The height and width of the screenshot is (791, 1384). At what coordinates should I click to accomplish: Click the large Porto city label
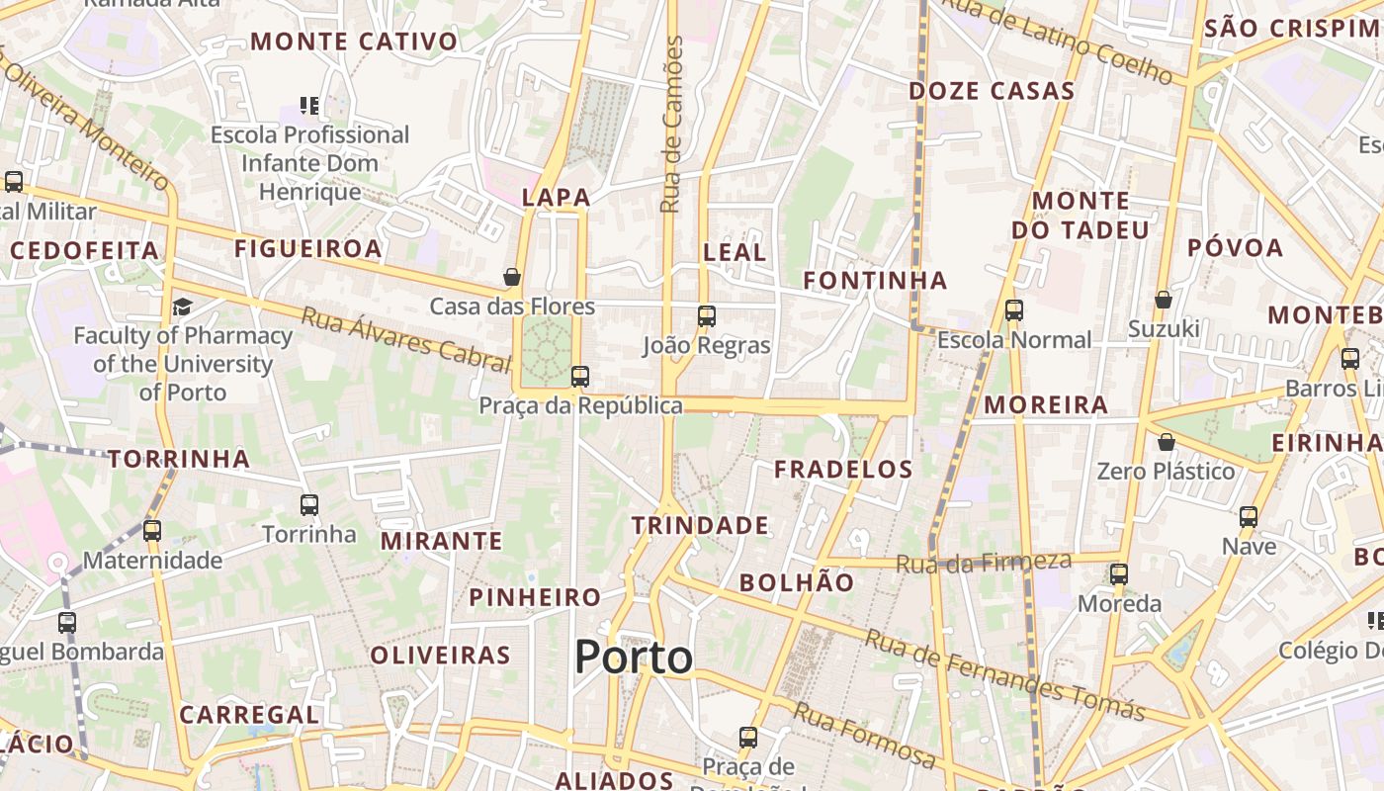coord(634,658)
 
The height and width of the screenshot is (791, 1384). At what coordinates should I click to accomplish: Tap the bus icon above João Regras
coord(706,316)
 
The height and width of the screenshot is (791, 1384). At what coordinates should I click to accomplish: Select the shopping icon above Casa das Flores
coord(512,277)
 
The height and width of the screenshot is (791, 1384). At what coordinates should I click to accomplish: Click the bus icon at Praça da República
coord(580,377)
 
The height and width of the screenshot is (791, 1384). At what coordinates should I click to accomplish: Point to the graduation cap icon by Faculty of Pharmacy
coord(182,307)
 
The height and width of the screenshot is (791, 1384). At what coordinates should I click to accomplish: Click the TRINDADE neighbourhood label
coord(700,525)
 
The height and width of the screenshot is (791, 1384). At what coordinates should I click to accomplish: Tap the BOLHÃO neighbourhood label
coord(797,582)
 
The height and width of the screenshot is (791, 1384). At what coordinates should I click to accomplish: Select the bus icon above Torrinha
coord(309,505)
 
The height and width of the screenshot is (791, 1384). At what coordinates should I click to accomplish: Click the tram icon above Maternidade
coord(152,531)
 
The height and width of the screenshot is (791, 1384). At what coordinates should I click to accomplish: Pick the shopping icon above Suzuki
coord(1164,299)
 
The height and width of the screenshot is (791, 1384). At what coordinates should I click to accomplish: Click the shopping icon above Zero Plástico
coord(1167,441)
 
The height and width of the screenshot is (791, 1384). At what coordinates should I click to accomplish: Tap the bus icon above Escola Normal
coord(1014,310)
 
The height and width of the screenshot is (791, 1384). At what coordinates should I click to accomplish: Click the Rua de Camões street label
coord(672,125)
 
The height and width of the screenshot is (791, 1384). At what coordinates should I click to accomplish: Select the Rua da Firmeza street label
coord(984,564)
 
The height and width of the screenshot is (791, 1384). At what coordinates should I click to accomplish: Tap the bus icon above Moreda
coord(1119,573)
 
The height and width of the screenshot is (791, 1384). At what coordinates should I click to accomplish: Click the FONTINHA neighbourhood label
coord(875,281)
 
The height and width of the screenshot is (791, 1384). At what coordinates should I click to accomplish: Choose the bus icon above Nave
coord(1249,516)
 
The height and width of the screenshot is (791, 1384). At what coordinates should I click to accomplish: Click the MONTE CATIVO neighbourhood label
coord(355,42)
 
